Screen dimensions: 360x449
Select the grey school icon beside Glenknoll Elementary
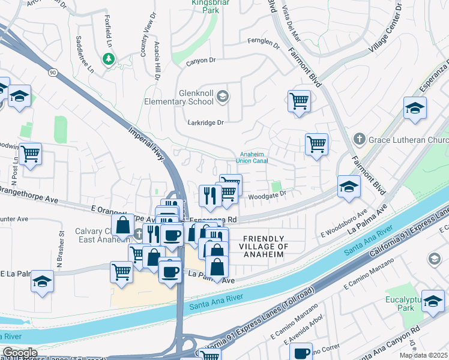point(222,96)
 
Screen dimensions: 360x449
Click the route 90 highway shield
point(53,73)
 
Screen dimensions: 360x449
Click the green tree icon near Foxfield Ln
point(109,59)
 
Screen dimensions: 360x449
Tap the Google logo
point(19,352)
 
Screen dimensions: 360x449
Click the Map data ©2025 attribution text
point(423,355)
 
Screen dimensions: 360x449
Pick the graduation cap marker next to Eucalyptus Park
point(433,301)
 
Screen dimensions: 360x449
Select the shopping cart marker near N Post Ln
point(30,154)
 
